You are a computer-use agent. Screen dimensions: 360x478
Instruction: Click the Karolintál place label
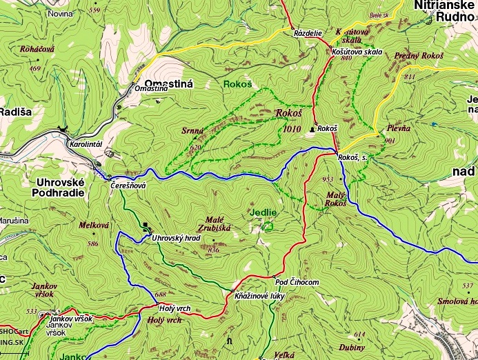coord(86,145)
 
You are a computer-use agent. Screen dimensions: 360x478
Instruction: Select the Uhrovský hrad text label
coord(176,238)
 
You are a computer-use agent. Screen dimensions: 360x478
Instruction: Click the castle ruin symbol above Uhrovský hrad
coord(146,225)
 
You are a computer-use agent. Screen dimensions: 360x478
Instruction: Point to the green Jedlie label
coord(263,212)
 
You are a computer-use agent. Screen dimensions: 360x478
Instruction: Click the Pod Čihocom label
coord(297,282)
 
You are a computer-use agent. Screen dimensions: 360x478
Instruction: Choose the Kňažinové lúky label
coord(259,295)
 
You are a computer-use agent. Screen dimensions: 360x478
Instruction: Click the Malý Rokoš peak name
coord(335,199)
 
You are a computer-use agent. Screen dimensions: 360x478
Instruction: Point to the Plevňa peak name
coord(398,128)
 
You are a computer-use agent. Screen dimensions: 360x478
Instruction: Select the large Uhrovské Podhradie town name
coord(59,188)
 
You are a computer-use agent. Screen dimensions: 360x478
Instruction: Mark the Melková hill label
coord(94,225)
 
